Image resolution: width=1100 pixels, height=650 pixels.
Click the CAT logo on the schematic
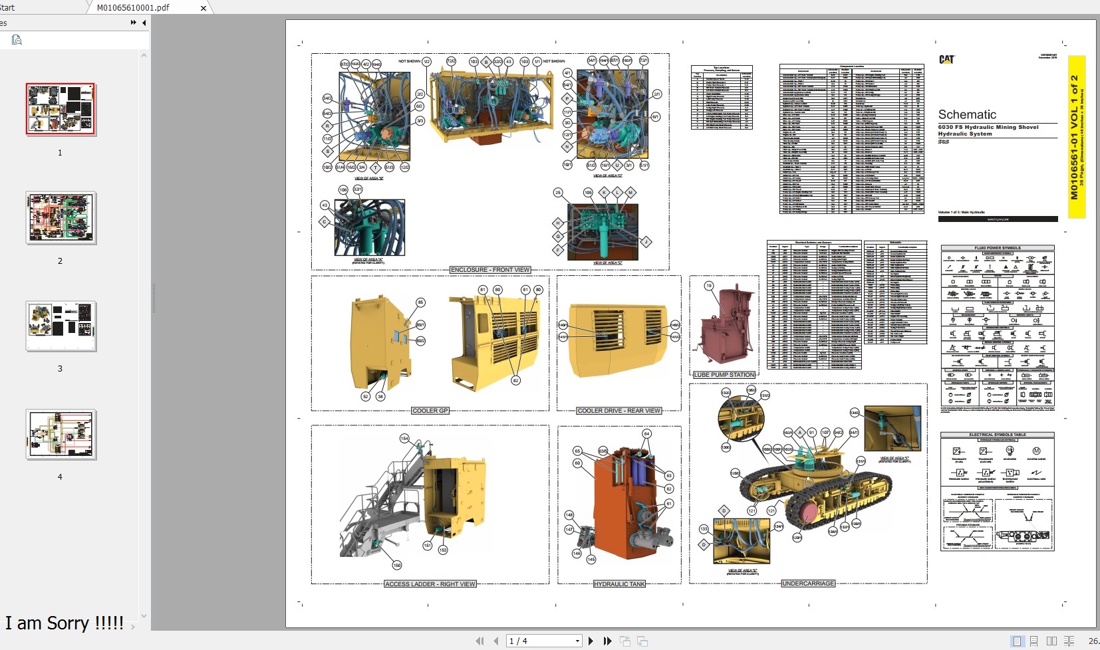click(x=946, y=59)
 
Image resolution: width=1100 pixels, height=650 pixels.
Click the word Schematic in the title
click(x=967, y=114)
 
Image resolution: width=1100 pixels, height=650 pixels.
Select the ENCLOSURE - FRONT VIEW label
click(x=490, y=270)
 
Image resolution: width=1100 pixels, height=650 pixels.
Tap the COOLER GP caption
click(x=430, y=411)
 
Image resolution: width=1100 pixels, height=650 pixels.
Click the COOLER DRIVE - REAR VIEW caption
click(x=619, y=411)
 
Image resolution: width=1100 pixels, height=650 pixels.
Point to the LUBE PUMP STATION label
click(x=724, y=375)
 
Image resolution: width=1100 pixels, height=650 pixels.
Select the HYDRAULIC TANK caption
click(x=619, y=584)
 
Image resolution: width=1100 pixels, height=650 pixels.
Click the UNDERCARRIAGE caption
click(x=808, y=584)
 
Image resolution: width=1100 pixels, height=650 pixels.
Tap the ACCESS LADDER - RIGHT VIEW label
click(x=430, y=584)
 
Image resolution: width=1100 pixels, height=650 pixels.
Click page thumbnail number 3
click(x=61, y=326)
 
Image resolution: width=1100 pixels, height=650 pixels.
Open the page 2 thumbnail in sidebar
click(x=61, y=217)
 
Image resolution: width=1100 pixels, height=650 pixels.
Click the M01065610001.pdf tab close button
click(x=204, y=8)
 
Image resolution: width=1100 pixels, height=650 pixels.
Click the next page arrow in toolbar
click(x=591, y=641)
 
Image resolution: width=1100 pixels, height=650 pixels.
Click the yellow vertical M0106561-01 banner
click(x=1076, y=136)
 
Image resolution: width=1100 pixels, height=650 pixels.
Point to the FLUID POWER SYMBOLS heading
click(x=997, y=248)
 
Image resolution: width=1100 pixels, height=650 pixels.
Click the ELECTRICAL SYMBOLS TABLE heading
click(x=997, y=435)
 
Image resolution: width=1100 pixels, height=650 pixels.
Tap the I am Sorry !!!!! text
click(x=65, y=623)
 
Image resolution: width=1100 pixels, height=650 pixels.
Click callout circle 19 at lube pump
click(x=709, y=286)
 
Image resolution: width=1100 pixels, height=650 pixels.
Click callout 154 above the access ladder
click(x=404, y=438)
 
